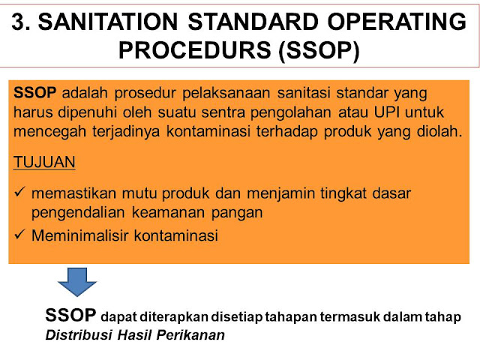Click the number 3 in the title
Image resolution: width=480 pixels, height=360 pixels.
coord(18,22)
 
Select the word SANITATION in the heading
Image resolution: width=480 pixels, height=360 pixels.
coord(108,22)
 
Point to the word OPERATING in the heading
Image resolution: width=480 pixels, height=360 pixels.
coord(397,22)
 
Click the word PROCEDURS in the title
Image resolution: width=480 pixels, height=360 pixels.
coord(195,50)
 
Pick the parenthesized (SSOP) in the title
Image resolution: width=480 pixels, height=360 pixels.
coord(319,51)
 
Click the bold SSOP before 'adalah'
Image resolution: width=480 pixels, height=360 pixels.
coord(35,93)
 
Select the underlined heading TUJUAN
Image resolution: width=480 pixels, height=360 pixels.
coord(44,162)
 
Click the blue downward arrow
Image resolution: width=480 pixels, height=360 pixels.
coord(77,282)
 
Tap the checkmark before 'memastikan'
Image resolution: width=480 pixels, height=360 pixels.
coord(19,192)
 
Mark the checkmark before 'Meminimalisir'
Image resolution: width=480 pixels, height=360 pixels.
coord(19,234)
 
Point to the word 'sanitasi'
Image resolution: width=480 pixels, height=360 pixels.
coord(304,93)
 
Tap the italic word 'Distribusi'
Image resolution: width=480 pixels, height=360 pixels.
coord(79,335)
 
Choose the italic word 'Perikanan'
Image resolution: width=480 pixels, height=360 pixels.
coord(190,335)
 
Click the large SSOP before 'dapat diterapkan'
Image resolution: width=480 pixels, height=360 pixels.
coord(70,315)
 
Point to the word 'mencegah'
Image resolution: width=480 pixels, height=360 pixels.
coord(50,132)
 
